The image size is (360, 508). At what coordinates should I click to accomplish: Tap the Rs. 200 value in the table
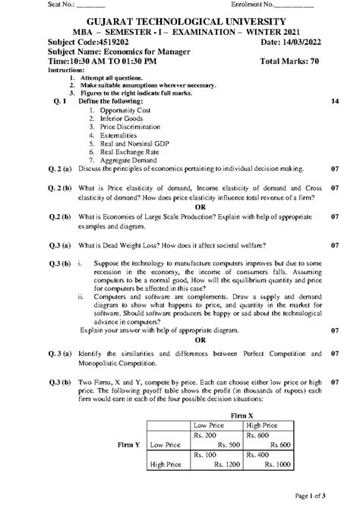(x=206, y=435)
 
